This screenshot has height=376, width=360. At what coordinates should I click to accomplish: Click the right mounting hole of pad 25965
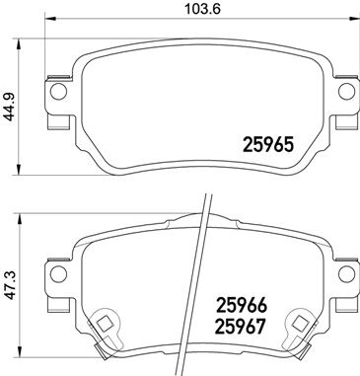(x=345, y=95)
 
